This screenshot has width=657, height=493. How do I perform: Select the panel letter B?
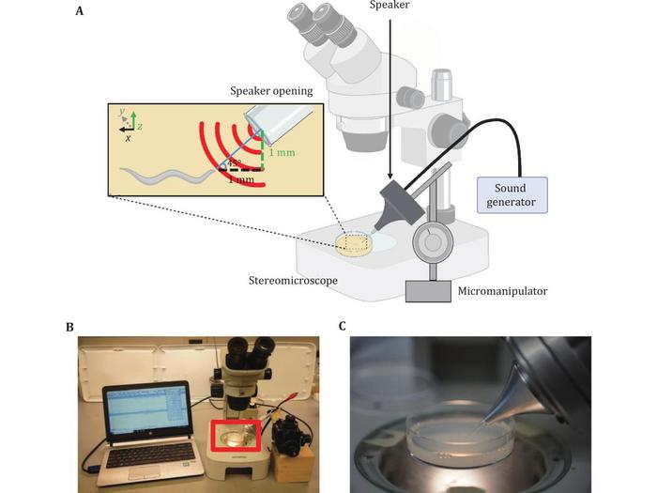tap(69, 327)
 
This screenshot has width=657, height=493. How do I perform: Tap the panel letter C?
tap(343, 327)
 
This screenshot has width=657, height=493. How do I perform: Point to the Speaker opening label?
tap(273, 91)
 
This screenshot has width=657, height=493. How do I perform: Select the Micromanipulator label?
tap(501, 291)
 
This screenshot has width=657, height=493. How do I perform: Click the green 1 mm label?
tap(282, 153)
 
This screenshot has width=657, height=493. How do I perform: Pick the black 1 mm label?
tap(241, 180)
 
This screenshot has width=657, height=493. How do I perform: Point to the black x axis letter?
tap(128, 137)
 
